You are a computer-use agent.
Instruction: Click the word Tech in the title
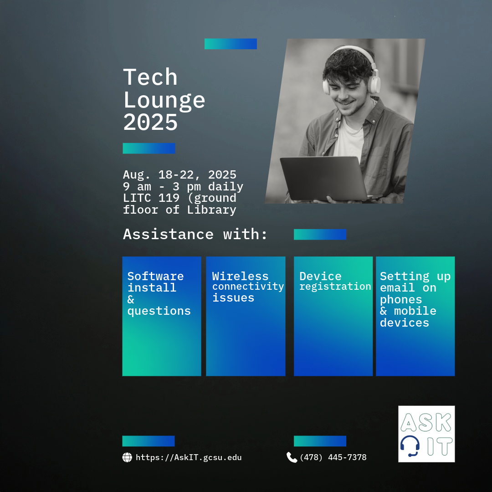[150, 77]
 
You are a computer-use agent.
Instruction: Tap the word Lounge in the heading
[164, 100]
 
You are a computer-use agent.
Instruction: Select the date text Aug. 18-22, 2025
[179, 175]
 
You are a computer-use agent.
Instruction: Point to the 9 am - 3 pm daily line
[183, 187]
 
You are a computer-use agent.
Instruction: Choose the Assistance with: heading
[195, 234]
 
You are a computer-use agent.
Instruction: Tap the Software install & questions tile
[161, 316]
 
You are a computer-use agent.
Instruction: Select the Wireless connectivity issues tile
[246, 316]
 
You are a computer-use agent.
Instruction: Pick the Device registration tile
[333, 316]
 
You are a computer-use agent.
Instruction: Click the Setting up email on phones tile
[415, 316]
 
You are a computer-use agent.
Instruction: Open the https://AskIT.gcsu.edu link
[189, 457]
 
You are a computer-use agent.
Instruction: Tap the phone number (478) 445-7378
[333, 457]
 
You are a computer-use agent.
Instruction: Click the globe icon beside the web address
[127, 457]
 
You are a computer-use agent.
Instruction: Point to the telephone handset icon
[292, 457]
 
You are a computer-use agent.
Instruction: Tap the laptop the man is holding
[323, 178]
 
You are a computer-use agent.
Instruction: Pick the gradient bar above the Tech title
[231, 44]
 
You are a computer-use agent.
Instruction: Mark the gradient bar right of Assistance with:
[320, 234]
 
